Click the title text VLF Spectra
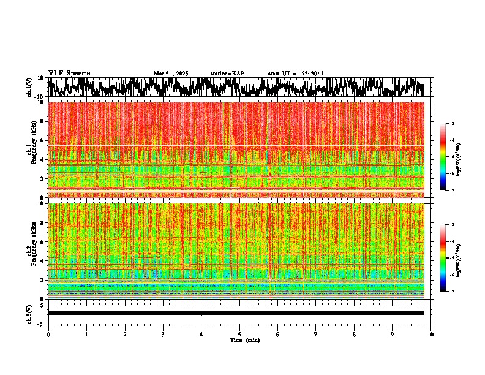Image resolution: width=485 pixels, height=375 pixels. [x=69, y=73]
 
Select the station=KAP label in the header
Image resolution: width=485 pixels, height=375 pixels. [x=227, y=74]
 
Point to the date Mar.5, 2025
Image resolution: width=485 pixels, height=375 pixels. [x=171, y=74]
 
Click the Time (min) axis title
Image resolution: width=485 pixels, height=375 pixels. [x=244, y=339]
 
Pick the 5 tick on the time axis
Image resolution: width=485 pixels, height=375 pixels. [x=239, y=334]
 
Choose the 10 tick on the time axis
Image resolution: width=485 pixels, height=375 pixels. [x=430, y=334]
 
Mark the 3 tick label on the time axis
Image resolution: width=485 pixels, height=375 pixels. [x=163, y=334]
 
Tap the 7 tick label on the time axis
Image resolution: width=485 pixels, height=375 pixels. [x=316, y=334]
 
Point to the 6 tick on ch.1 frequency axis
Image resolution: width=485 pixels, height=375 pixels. [x=42, y=140]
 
